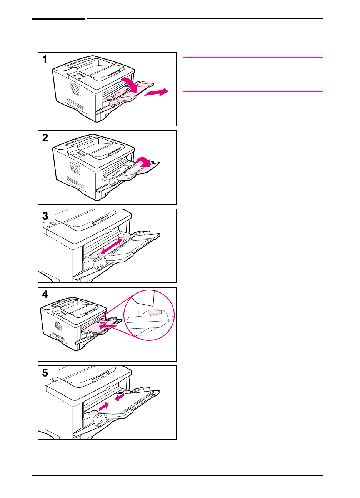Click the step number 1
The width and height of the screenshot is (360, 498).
[x=45, y=60]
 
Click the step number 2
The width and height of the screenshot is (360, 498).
[x=45, y=138]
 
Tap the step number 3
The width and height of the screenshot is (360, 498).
[x=45, y=216]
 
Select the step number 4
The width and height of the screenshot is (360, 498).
[x=45, y=295]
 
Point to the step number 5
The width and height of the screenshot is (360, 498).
[x=45, y=373]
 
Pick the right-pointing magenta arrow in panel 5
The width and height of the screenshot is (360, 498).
[x=104, y=406]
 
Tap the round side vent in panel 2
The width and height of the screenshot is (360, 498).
[x=74, y=168]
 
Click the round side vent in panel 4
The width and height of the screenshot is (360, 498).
[x=58, y=326]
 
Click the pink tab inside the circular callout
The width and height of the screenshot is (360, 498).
[x=155, y=314]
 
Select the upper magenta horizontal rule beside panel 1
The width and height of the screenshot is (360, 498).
[x=253, y=58]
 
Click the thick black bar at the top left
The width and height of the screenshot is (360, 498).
[x=58, y=19]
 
